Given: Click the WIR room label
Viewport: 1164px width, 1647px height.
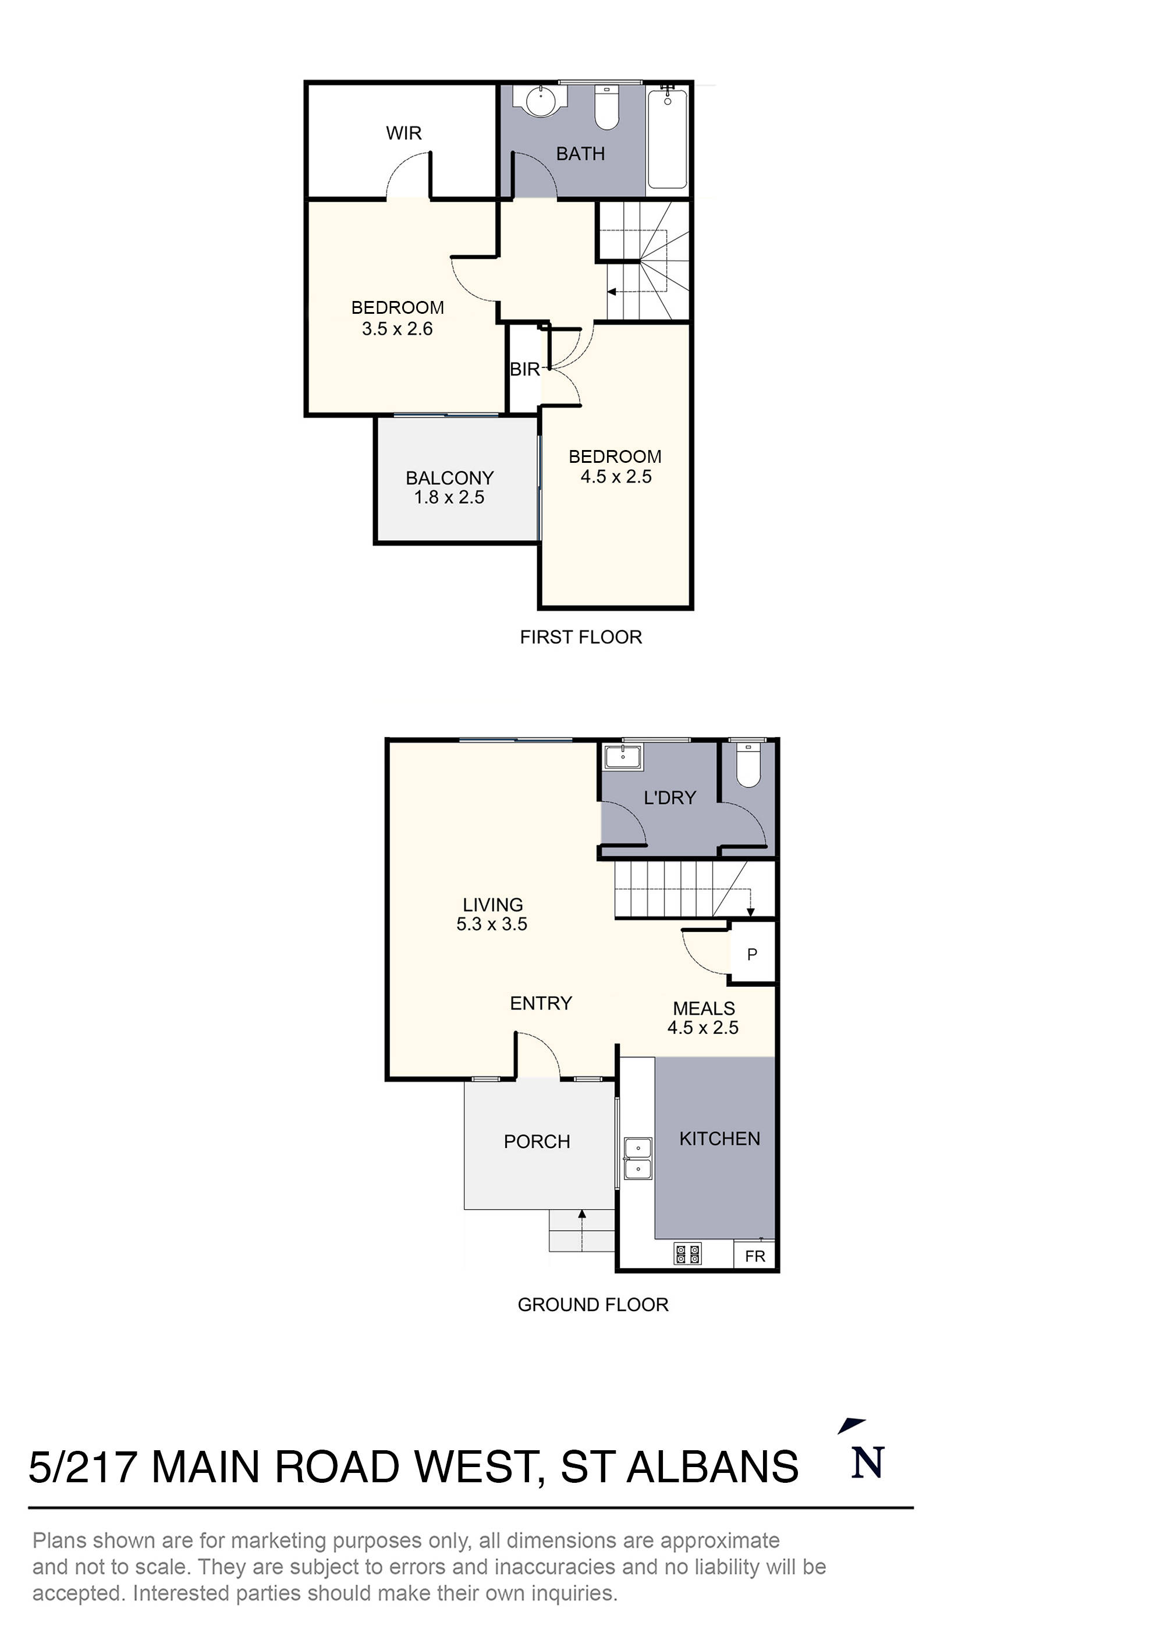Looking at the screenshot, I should coord(403,133).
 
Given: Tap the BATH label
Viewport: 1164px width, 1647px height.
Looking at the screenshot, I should coord(580,154).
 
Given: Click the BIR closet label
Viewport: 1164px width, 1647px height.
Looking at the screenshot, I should coord(524,370).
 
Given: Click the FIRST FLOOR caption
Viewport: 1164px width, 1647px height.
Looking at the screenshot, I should coord(580,637).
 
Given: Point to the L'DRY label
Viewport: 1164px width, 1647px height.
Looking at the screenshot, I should coord(669,798).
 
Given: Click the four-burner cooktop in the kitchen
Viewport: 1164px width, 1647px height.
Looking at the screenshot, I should coord(688,1254).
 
